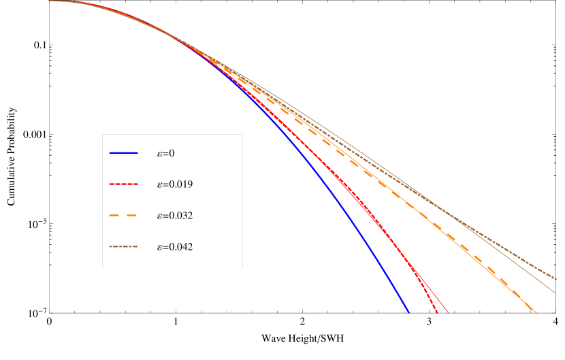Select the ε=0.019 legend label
(x=175, y=184)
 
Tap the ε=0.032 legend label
(x=175, y=216)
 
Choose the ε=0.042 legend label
(x=175, y=247)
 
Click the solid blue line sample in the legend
(x=123, y=152)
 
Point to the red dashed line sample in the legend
(x=123, y=184)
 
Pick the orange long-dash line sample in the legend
(x=123, y=215)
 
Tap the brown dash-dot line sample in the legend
(x=123, y=246)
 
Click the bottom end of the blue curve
(x=408, y=312)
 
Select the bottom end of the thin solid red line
(x=449, y=312)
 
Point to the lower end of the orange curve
(x=536, y=312)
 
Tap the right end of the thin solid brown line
(x=555, y=293)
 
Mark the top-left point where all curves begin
(x=50, y=1)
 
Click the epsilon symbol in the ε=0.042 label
(x=159, y=248)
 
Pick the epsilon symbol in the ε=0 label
(x=159, y=154)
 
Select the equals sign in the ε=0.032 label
(x=165, y=216)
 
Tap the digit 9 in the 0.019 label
(x=190, y=184)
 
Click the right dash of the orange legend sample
(x=132, y=215)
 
